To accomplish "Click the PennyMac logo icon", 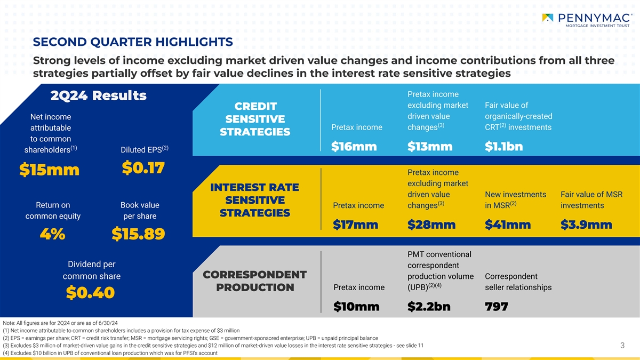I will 547,18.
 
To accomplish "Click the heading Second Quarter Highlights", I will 133,42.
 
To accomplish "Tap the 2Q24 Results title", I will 98,96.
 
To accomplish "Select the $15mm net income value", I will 49,170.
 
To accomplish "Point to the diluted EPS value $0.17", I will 143,167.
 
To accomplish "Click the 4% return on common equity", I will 53,234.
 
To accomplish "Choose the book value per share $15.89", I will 139,234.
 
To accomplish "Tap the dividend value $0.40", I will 91,293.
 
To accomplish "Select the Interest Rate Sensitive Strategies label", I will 254,200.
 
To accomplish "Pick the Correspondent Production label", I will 255,281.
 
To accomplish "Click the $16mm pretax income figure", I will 354,147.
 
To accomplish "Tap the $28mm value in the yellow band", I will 431,226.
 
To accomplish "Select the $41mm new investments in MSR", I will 508,226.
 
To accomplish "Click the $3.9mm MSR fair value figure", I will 586,226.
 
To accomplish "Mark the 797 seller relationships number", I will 497,307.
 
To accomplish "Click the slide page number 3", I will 622,346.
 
